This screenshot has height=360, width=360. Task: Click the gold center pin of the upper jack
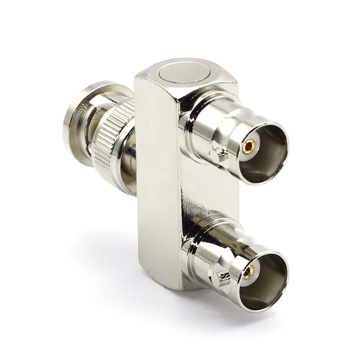pyautogui.click(x=248, y=145)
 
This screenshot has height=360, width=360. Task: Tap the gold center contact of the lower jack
pyautogui.click(x=247, y=272)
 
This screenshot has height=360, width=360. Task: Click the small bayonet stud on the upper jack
pyautogui.click(x=220, y=155)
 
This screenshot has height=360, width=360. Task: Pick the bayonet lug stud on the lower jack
pyautogui.click(x=221, y=278)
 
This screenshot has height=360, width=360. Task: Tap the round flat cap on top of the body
pyautogui.click(x=185, y=72)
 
